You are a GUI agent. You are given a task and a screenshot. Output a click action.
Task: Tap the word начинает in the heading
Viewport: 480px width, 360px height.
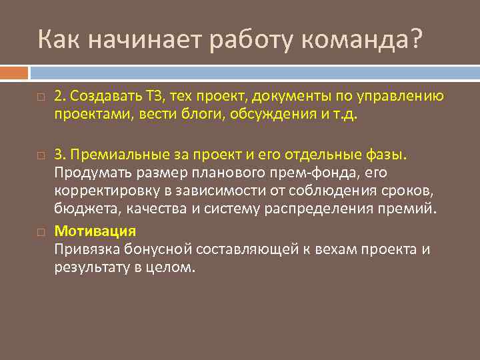tap(137, 40)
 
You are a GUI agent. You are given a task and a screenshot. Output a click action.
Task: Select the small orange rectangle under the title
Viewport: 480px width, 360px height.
tap(14, 72)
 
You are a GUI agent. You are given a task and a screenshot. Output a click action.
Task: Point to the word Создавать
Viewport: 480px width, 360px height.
tap(99, 97)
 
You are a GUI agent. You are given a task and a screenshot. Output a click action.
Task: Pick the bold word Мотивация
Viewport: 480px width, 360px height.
tap(95, 231)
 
